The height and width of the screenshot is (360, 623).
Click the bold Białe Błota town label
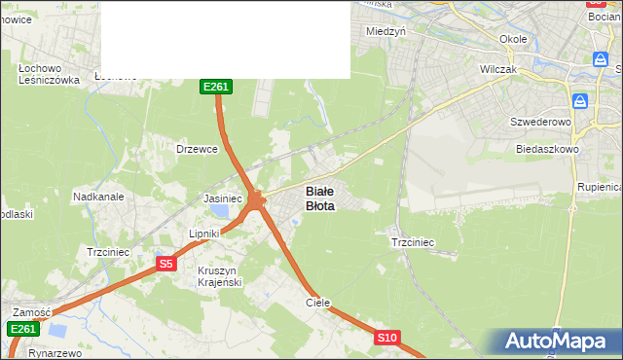coord(320,198)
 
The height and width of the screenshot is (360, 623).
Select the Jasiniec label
coord(222,198)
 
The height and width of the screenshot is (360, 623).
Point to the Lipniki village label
coord(206,234)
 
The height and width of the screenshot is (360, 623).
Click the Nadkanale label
coord(98,197)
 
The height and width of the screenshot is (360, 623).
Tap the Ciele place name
coord(318,303)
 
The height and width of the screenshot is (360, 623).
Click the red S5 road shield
coord(165,264)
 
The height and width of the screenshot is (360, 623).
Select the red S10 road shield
coord(387,338)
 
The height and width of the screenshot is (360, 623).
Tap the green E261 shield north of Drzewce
coord(215,87)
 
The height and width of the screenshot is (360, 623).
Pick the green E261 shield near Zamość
coord(23,330)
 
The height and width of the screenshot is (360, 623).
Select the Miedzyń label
coord(385,30)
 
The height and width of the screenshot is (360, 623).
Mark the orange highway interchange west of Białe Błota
coord(255,201)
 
